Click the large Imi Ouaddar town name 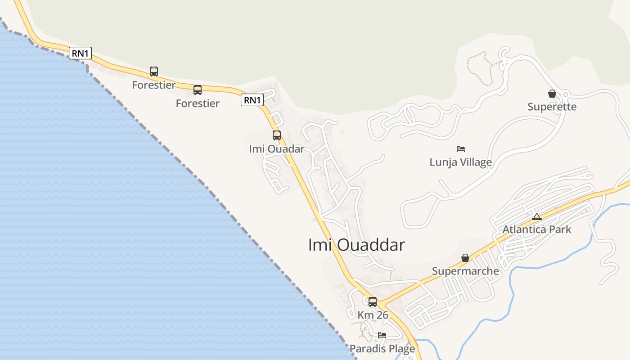point(356,245)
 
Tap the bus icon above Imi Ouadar point(277,135)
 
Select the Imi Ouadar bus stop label point(277,148)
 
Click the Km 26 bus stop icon point(373,302)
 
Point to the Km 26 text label point(373,315)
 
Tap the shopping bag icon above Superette point(552,94)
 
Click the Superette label point(552,107)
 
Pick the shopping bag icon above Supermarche point(465,258)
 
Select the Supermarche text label point(465,271)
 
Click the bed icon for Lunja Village point(460,149)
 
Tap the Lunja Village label point(460,162)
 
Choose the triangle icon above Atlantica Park point(537,216)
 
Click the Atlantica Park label point(537,229)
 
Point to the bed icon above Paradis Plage point(382,335)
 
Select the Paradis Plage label point(382,349)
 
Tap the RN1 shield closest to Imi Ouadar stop point(252,100)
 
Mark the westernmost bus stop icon point(154,72)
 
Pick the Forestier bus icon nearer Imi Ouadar point(198,90)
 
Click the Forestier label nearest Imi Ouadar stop point(198,103)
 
